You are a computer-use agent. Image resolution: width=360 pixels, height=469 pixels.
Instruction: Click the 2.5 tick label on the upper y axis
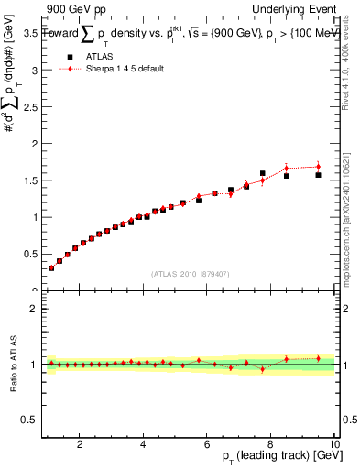point(29,106)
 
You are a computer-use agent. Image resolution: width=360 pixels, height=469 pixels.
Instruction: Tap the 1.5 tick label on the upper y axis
point(29,180)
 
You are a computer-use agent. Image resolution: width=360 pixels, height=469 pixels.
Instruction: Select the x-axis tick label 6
point(207,443)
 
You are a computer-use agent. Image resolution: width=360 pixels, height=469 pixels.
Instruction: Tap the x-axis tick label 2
point(81,443)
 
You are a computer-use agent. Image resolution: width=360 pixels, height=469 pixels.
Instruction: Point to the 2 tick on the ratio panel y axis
point(34,309)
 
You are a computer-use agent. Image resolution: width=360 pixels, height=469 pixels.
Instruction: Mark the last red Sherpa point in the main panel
point(318,167)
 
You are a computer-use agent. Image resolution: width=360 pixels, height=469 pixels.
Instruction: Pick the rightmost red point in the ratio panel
point(318,358)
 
